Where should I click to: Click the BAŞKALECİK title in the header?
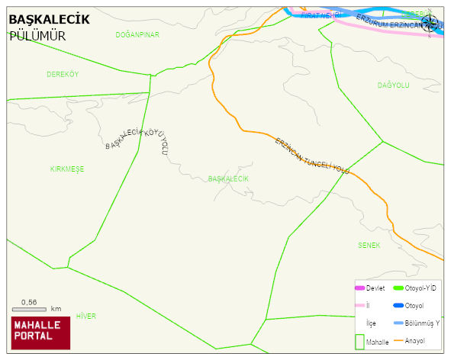49,18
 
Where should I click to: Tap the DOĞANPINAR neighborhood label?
137,35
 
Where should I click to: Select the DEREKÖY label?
63,74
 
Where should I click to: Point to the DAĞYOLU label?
394,85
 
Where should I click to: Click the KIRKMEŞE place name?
67,169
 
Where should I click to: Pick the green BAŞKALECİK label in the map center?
228,178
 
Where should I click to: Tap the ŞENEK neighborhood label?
369,245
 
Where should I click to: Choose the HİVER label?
86,315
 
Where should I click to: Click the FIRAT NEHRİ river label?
320,14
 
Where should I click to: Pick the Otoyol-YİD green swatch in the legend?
397,288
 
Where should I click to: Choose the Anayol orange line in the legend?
397,340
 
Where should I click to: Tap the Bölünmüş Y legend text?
422,323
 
